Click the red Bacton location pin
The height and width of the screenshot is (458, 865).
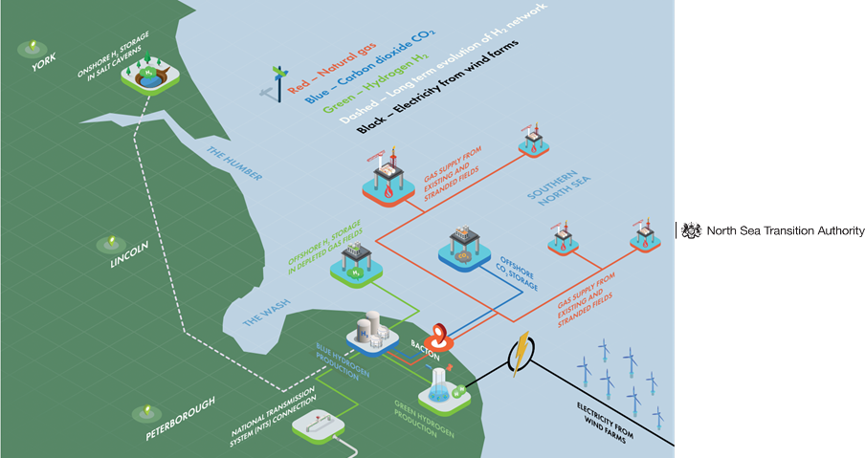(439, 336)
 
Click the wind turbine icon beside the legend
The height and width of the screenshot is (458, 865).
(278, 81)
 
